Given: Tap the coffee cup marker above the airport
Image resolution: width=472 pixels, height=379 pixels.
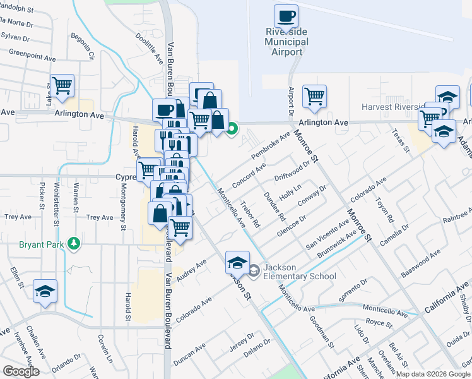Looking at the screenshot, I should [286, 16].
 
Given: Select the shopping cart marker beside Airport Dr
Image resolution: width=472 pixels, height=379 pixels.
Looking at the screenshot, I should [314, 97].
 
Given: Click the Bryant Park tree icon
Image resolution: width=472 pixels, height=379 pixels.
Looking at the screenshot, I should [74, 243].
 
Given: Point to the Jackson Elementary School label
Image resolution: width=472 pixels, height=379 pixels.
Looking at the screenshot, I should [291, 272].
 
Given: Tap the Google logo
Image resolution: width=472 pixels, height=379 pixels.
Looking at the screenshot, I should [21, 371].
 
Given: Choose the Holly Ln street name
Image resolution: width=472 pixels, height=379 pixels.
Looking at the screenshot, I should [290, 192].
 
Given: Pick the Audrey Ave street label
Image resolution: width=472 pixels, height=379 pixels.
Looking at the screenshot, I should [192, 272].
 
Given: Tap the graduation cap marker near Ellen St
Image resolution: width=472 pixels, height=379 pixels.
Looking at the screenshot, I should [44, 291].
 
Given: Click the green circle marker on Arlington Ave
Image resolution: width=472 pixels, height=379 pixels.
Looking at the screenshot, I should [232, 129].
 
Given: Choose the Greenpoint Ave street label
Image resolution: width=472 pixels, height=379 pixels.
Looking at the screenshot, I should [32, 57].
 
